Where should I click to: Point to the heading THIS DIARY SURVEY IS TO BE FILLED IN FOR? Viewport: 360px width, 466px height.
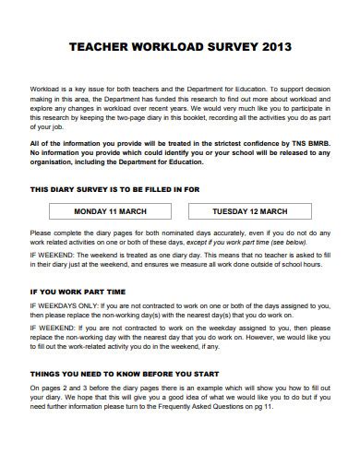[x=115, y=188]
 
